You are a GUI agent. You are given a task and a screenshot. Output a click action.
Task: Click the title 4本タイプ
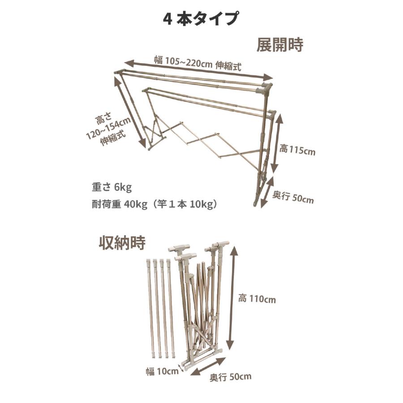pos(200,19)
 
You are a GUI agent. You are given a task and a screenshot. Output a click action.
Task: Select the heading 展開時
pos(280,45)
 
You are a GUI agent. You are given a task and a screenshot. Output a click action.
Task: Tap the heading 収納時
pos(122,243)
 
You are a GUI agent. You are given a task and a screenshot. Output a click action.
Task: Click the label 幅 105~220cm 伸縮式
pos(197,63)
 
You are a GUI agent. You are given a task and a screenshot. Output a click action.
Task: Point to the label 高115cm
pos(297,150)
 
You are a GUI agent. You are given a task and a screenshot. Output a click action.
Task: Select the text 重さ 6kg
pos(111,188)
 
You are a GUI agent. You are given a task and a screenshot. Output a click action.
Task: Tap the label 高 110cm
pos(257,299)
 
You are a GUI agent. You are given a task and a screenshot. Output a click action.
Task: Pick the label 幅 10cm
pos(162,371)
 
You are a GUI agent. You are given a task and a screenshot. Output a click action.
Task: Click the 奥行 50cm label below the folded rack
pos(230,377)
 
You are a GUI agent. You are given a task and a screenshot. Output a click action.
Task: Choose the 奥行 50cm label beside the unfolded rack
pos(293,198)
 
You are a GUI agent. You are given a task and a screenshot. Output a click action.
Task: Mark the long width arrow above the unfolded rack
pos(198,70)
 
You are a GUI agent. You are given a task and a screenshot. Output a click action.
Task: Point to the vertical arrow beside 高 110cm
pos(231,297)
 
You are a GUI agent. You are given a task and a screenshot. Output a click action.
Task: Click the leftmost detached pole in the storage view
pos(150,309)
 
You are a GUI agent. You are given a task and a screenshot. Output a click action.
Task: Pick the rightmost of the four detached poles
pos(171,309)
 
